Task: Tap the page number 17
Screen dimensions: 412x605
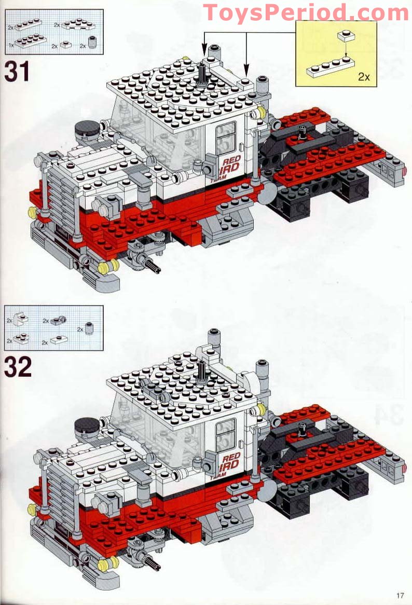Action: (399, 595)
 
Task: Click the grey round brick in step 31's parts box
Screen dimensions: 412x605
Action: (93, 44)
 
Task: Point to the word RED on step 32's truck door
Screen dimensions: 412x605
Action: (230, 457)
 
